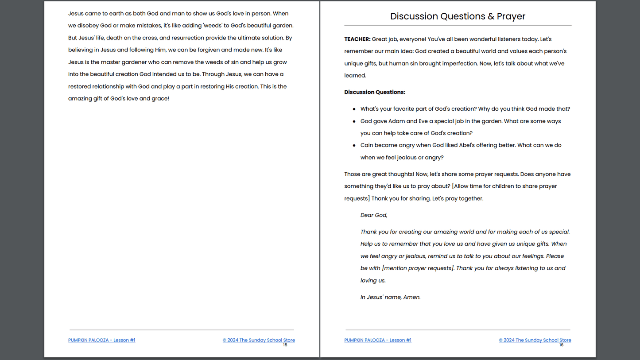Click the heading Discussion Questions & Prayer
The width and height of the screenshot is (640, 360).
tap(458, 16)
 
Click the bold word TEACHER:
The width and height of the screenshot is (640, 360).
tap(357, 39)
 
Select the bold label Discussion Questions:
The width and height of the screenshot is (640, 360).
tap(375, 92)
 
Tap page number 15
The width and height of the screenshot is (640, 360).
tap(285, 345)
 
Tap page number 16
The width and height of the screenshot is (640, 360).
tap(561, 345)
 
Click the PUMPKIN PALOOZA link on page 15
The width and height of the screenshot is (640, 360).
tap(101, 340)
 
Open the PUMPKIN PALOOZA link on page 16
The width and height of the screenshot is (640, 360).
tap(377, 340)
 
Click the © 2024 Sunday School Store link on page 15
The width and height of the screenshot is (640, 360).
tap(259, 340)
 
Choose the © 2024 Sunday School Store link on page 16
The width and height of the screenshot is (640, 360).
tap(535, 340)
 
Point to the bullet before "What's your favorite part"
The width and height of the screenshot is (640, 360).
tap(354, 109)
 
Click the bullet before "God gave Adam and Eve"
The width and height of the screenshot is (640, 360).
tap(354, 121)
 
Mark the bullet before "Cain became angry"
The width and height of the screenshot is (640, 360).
tap(354, 145)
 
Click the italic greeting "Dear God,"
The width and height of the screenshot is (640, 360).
tap(374, 215)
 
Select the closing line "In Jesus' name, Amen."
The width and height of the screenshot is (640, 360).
tap(390, 297)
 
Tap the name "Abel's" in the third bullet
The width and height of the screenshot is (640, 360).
tap(449, 145)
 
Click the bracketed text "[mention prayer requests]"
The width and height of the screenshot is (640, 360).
tap(418, 268)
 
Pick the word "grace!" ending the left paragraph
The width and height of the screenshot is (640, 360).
tap(160, 99)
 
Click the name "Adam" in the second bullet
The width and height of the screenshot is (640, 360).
tap(396, 121)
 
